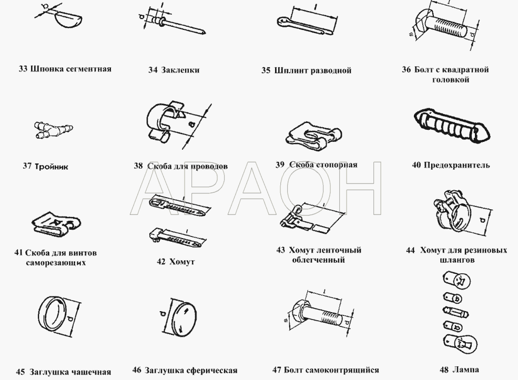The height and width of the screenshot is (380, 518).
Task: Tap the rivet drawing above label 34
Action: point(178,24)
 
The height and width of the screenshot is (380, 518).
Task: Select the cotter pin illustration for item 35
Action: point(304,26)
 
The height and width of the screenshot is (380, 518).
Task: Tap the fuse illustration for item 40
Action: point(452,125)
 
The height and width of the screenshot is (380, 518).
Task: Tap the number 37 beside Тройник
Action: point(27,166)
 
